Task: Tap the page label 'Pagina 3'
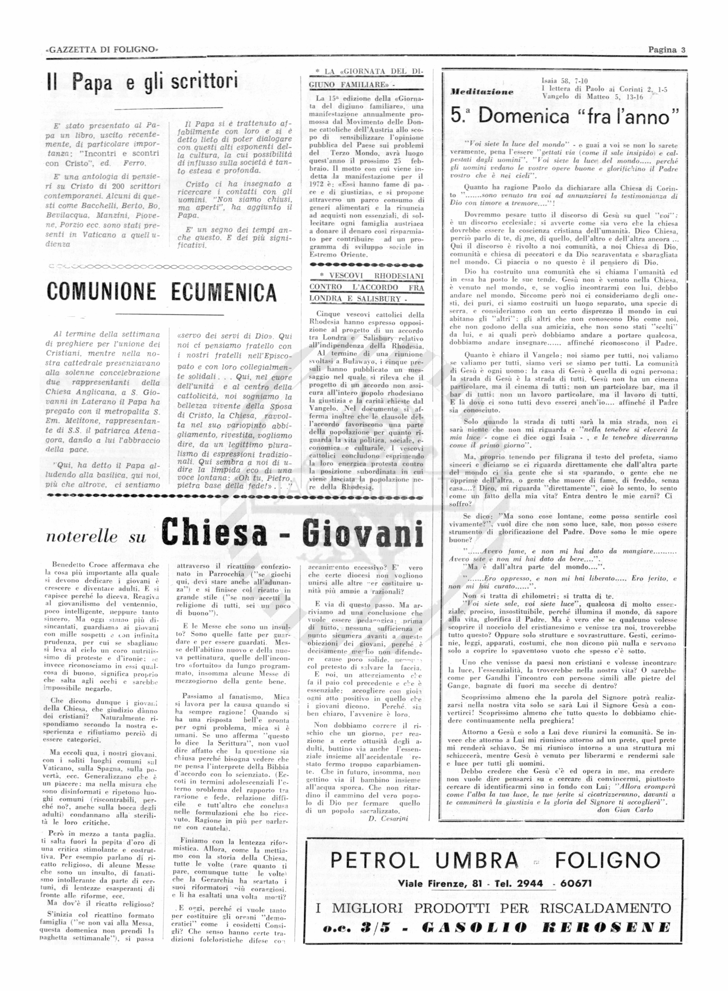[666, 50]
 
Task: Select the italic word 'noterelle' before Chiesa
[82, 537]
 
